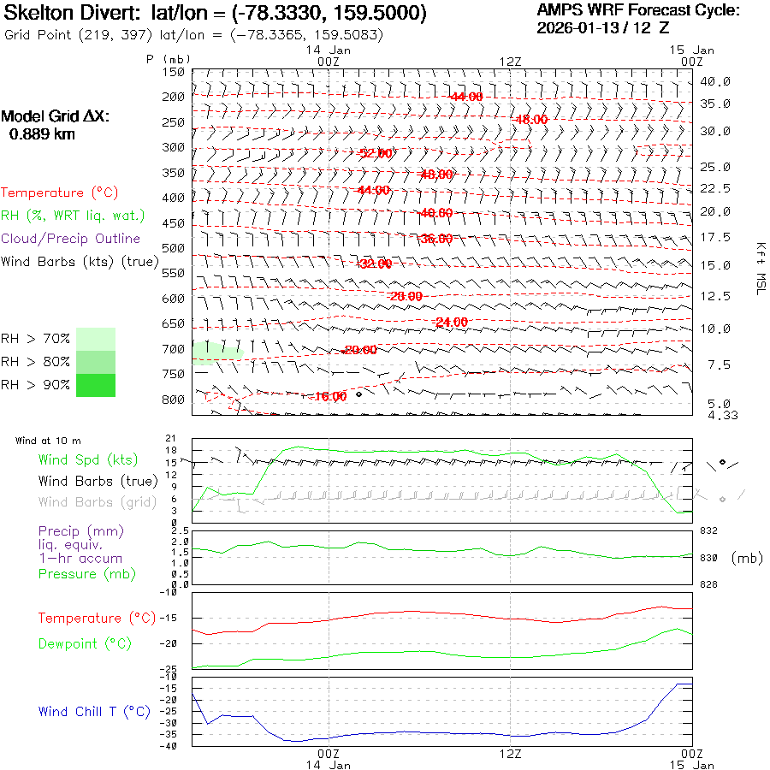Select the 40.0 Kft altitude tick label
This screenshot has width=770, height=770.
point(715,81)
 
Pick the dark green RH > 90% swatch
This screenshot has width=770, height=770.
point(96,386)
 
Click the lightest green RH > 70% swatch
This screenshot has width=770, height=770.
point(96,340)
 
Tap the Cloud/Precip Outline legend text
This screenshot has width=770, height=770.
point(71,239)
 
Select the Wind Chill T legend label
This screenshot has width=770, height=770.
point(94,712)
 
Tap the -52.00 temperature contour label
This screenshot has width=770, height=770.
point(375,153)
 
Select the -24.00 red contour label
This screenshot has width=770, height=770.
point(451,322)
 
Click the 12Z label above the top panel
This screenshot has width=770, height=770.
point(510,62)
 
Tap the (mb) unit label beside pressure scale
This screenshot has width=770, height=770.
point(747,558)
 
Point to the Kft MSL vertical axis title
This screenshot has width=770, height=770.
point(758,269)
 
